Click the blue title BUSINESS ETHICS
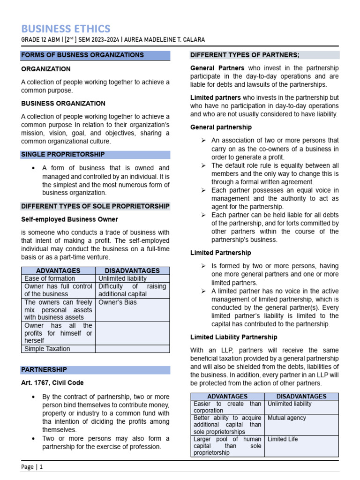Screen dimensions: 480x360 pos(66,28)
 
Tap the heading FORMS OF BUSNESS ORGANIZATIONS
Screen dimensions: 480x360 pos(82,55)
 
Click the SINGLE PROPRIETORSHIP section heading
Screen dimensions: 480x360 pos(63,154)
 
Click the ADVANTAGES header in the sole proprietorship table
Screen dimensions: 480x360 pos(58,271)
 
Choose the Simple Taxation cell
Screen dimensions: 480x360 pos(47,349)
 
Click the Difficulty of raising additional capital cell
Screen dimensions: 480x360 pos(133,290)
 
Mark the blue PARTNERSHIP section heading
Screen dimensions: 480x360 pos(44,370)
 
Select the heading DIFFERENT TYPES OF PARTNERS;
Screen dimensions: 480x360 pos(245,55)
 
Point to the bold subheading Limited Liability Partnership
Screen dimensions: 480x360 pos(234,337)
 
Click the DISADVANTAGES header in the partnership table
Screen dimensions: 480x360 pos(301,397)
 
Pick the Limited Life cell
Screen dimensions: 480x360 pos(283,439)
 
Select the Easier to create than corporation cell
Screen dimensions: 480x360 pos(227,407)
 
